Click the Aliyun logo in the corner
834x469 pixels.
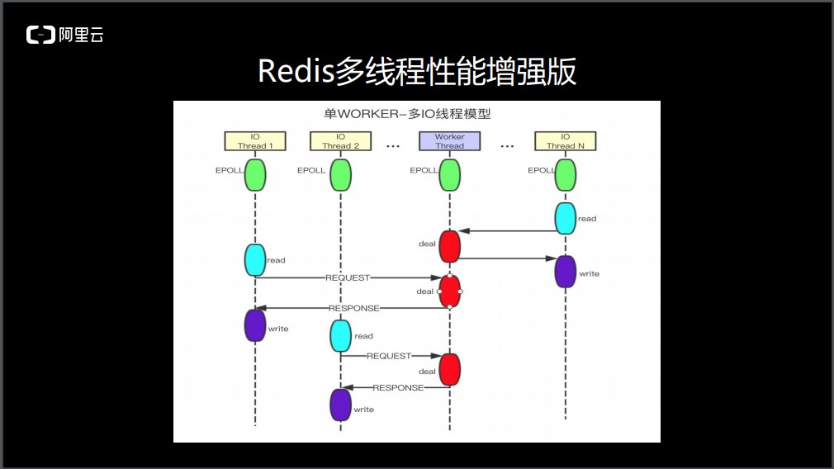coord(64,35)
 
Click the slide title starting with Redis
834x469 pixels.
coord(416,72)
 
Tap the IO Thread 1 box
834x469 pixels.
coord(255,141)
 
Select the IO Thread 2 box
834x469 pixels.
coord(340,141)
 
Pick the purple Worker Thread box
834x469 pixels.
coord(449,141)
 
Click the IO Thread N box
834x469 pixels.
coord(565,141)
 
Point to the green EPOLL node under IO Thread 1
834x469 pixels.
coord(255,175)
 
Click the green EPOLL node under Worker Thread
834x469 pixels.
coord(449,175)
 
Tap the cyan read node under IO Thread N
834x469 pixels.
coord(565,218)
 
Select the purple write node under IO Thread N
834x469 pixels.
coord(565,272)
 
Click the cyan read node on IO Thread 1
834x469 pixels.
coord(255,260)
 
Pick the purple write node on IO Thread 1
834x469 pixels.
coord(255,325)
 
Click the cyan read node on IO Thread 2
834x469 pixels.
coord(340,336)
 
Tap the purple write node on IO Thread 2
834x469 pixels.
coord(340,405)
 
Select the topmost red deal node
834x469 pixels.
coord(449,246)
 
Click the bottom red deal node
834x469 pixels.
coord(449,369)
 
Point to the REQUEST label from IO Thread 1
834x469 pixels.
coord(348,278)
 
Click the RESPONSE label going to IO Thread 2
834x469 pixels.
coord(398,387)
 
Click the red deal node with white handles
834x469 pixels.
coord(449,291)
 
